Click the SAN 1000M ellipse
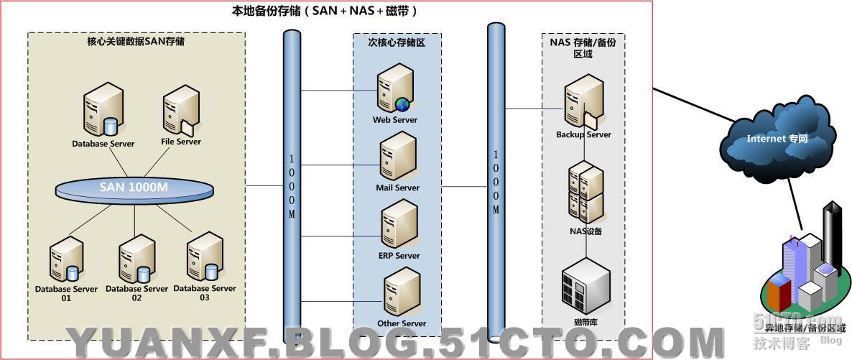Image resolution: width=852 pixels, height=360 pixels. point(135,189)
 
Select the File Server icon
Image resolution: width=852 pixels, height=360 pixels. point(180,112)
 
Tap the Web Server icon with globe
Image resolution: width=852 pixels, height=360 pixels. point(396,89)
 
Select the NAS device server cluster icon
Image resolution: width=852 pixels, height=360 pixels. point(586,192)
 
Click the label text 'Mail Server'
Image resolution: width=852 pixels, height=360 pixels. point(397,188)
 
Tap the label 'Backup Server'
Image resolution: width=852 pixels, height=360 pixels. point(583,134)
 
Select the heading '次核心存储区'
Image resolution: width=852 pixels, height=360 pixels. point(397,43)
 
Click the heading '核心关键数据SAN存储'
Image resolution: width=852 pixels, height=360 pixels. point(136,42)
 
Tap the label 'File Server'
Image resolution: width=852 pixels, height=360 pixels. point(179,142)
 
